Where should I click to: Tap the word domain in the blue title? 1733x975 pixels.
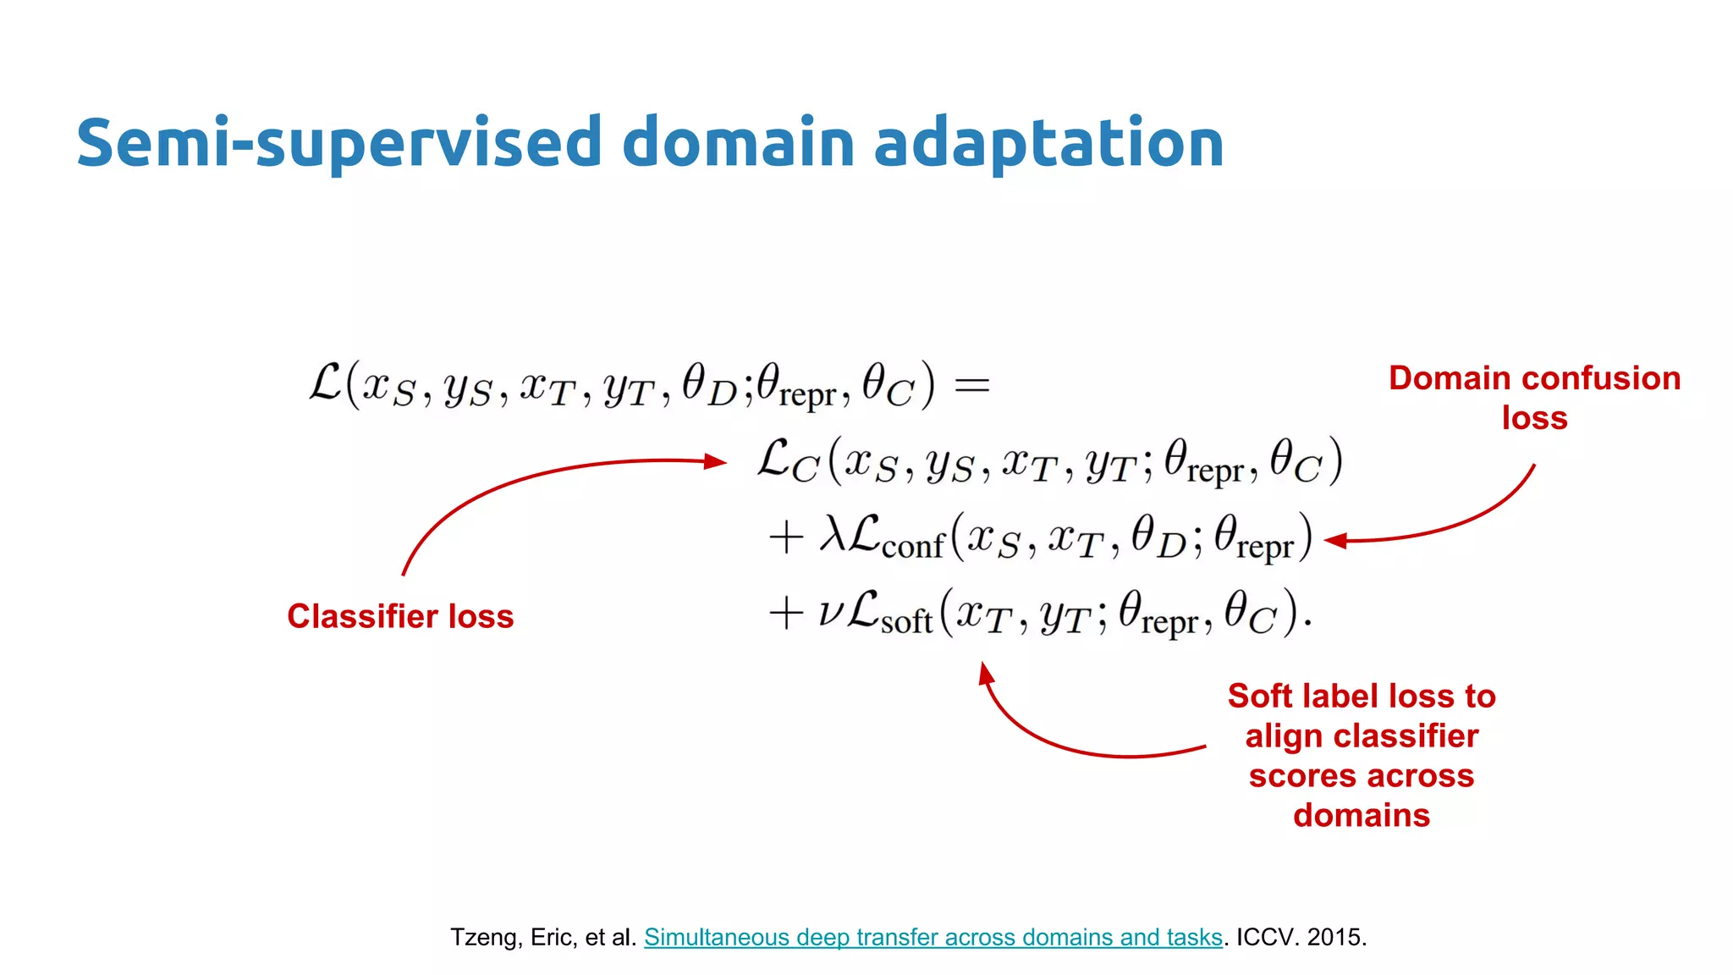point(738,142)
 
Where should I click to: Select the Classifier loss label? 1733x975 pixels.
point(400,616)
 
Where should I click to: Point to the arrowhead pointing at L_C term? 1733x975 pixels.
point(718,461)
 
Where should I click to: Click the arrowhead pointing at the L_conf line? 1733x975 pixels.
point(1334,541)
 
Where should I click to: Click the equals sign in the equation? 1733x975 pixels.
point(971,386)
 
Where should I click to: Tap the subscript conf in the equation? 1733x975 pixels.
point(912,547)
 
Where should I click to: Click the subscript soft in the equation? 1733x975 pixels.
point(906,622)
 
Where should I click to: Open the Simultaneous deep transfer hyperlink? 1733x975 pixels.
point(933,937)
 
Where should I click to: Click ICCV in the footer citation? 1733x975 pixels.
point(1264,937)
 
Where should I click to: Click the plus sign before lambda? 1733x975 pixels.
point(785,537)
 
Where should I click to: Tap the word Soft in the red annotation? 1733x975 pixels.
point(1260,697)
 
